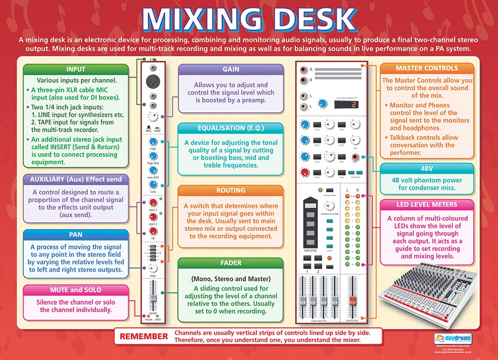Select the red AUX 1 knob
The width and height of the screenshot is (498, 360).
(153, 202)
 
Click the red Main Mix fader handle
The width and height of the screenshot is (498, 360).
(353, 301)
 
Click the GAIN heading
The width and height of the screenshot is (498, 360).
(231, 69)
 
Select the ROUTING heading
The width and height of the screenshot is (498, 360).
(231, 190)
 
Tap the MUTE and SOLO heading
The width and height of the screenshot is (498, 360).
(69, 290)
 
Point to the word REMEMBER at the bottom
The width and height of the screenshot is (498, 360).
(144, 336)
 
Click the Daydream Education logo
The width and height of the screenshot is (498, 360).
(448, 337)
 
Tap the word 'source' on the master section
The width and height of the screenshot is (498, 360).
(310, 250)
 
